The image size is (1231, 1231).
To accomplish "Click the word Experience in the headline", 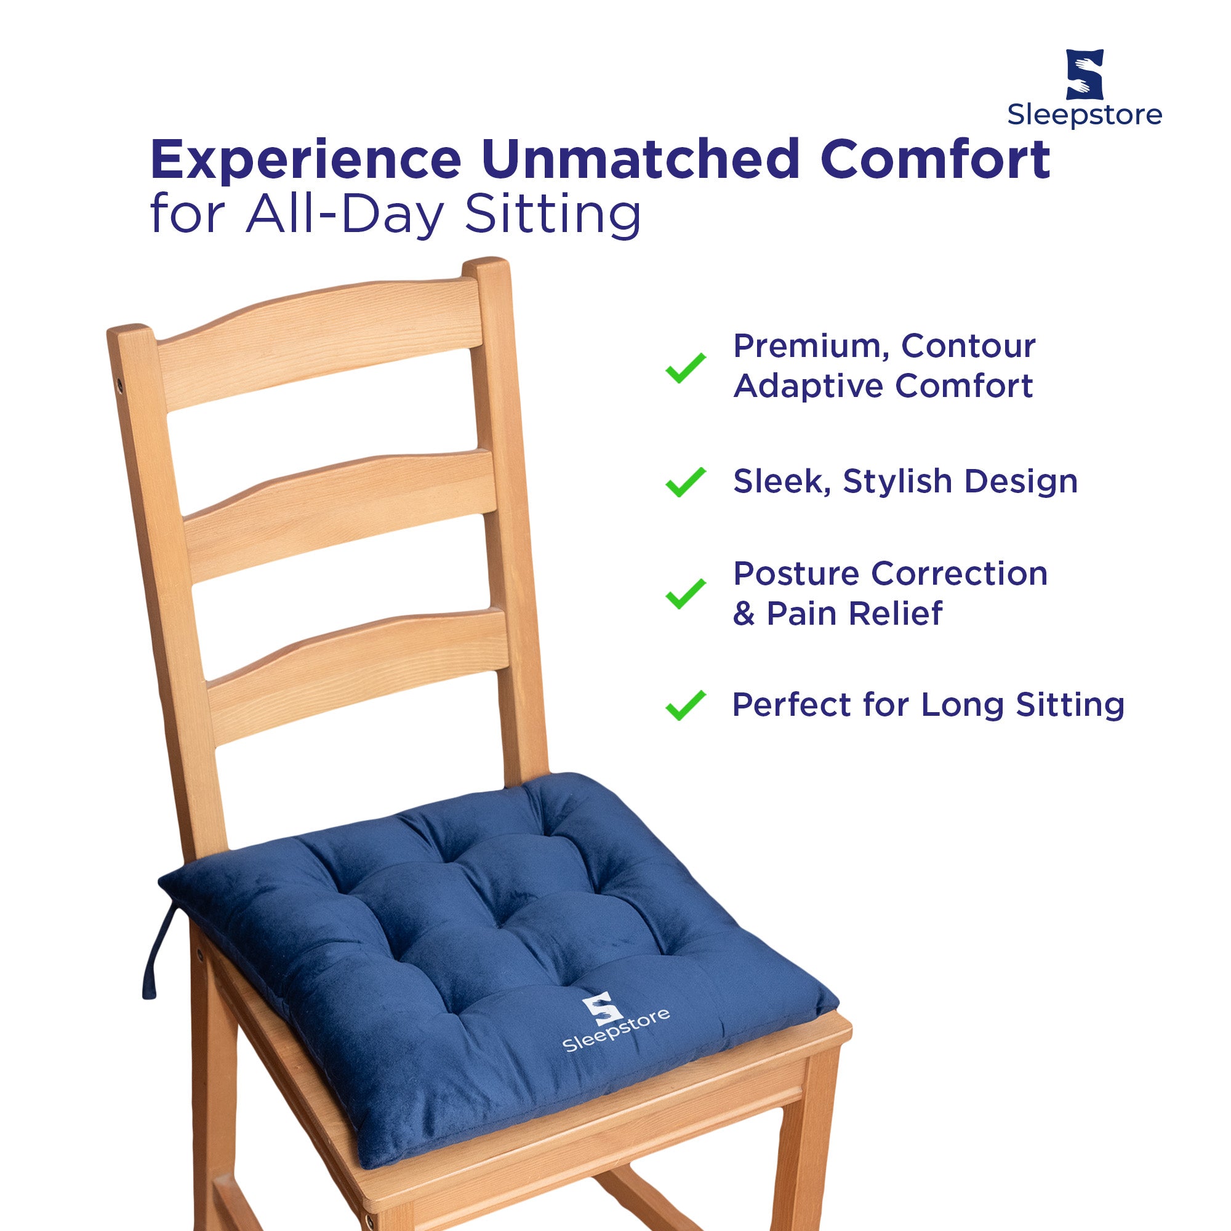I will coord(306,161).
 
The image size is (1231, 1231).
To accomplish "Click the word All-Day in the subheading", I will coord(345,214).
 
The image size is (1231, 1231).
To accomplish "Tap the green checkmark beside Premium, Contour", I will coord(686,367).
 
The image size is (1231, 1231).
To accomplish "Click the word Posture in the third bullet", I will coord(796,574).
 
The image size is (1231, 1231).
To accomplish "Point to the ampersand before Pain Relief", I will coord(744,614).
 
